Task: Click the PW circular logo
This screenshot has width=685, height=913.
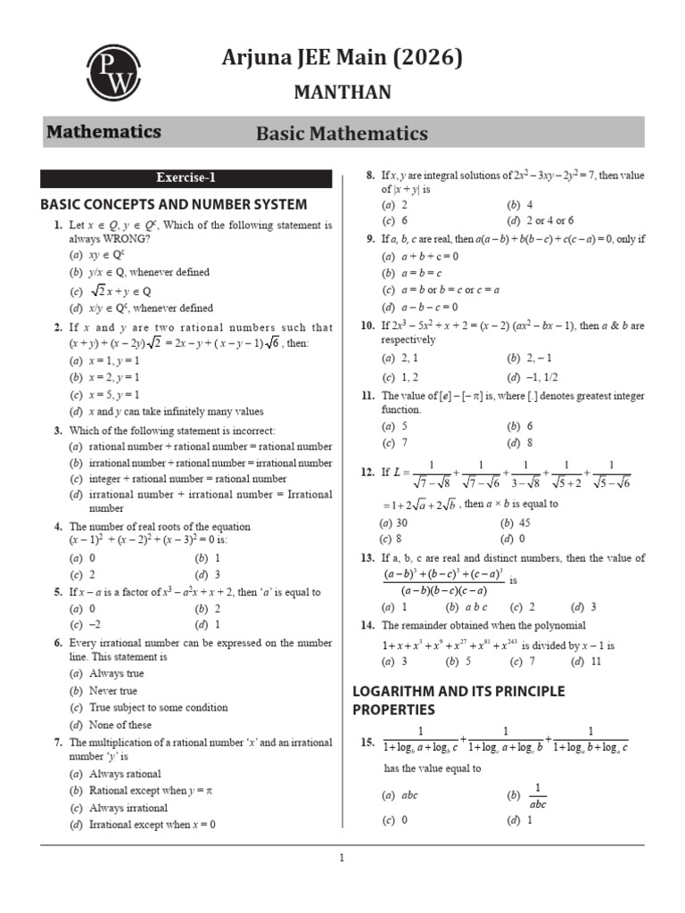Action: (113, 72)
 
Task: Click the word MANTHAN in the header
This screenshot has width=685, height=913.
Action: (342, 93)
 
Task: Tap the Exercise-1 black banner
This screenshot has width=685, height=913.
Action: (186, 177)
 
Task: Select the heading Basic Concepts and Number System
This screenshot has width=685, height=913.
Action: (174, 204)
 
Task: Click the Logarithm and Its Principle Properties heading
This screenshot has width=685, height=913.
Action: (458, 700)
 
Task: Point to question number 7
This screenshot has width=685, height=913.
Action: (58, 742)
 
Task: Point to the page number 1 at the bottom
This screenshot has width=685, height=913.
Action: (342, 859)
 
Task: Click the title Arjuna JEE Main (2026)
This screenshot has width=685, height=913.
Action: (342, 59)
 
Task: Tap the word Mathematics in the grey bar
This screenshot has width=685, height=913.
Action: (103, 132)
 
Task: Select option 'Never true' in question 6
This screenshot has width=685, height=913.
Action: (112, 691)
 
